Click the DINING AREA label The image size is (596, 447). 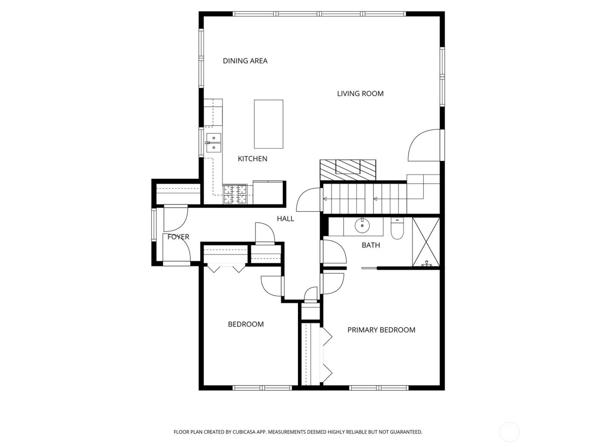pyautogui.click(x=245, y=61)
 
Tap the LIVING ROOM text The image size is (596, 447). pyautogui.click(x=360, y=94)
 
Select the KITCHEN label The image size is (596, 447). pyautogui.click(x=252, y=159)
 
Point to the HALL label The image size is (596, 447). pyautogui.click(x=285, y=219)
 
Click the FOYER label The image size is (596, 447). pyautogui.click(x=178, y=237)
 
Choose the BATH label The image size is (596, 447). pyautogui.click(x=370, y=245)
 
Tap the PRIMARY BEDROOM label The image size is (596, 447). pyautogui.click(x=381, y=330)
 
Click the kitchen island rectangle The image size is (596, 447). pyautogui.click(x=269, y=124)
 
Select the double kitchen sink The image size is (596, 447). pyautogui.click(x=213, y=143)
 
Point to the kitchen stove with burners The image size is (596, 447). pyautogui.click(x=235, y=194)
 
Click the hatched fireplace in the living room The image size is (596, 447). pyautogui.click(x=348, y=170)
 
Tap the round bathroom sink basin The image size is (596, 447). pyautogui.click(x=362, y=226)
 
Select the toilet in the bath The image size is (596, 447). pyautogui.click(x=397, y=229)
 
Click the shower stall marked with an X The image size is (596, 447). pyautogui.click(x=426, y=242)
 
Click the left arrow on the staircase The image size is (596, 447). pyautogui.click(x=326, y=199)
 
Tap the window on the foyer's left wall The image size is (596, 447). pyautogui.click(x=154, y=224)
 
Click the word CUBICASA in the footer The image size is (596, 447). pyautogui.click(x=244, y=432)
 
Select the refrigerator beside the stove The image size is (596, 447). pyautogui.click(x=268, y=192)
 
